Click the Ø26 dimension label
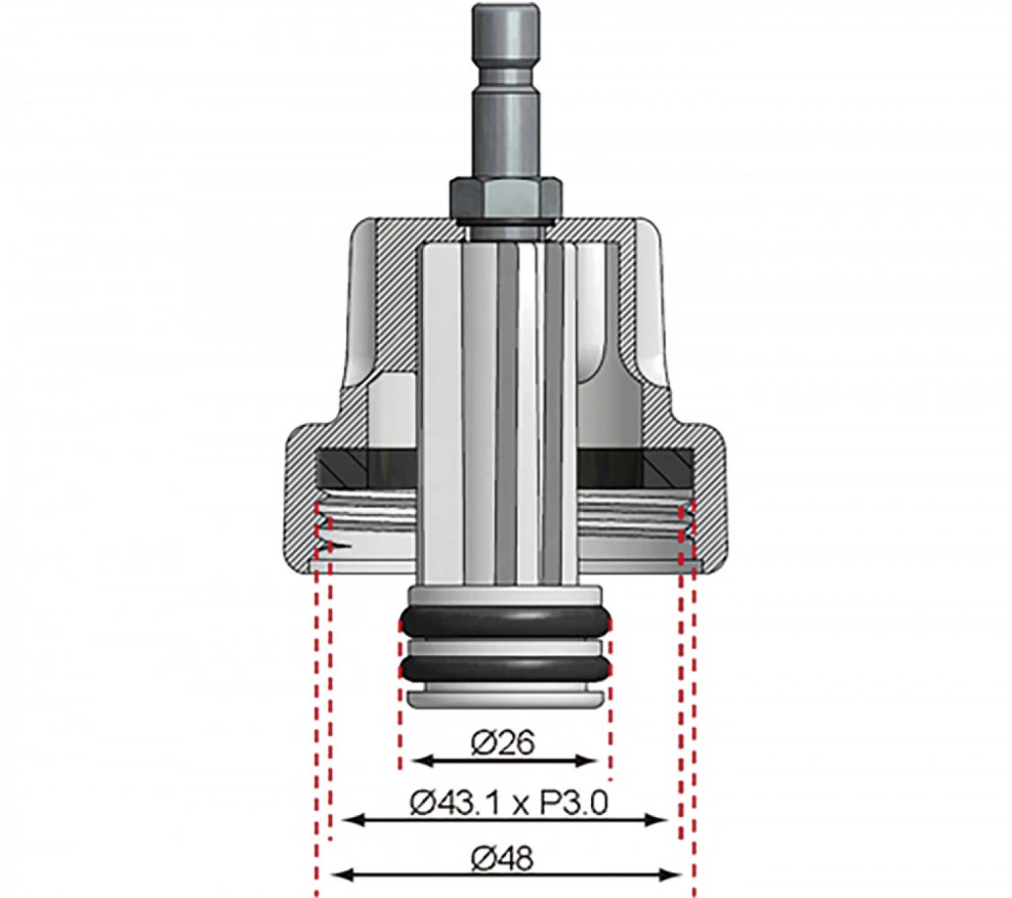coord(503,743)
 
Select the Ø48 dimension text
coord(503,858)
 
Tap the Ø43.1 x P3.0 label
coord(509,804)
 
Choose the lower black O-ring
coord(505,669)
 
